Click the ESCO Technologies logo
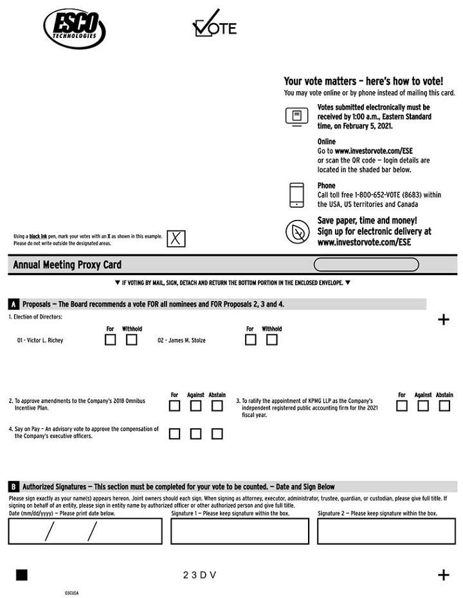pos(74,29)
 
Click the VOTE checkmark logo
pos(215,26)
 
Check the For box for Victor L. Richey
pos(110,340)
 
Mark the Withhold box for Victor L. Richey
pos(131,340)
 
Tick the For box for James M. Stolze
pos(250,340)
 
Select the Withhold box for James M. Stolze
pos(271,340)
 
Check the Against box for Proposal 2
pos(195,406)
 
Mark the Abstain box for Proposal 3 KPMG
pos(444,406)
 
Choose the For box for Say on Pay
pos(174,433)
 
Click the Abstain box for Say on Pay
pos(217,433)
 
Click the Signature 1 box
pos(239,530)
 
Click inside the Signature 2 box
pos(386,530)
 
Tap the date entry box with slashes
pos(85,530)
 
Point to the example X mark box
pos(176,239)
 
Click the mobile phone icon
pos(296,195)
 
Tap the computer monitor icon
pos(296,116)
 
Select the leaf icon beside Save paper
pos(296,231)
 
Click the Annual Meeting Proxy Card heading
pos(67,265)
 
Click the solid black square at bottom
pos(22,575)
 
